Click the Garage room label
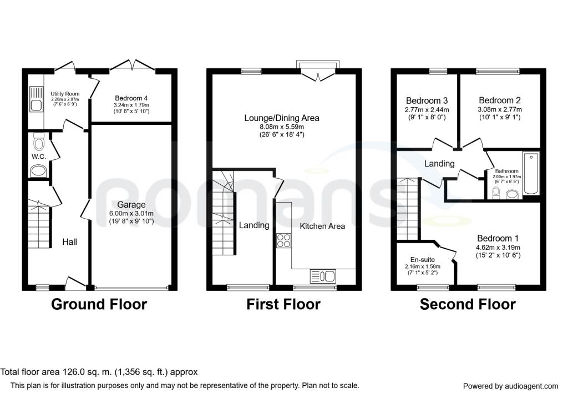(x=131, y=205)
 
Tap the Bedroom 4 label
(x=131, y=98)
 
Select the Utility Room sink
(x=36, y=99)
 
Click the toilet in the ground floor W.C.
(x=39, y=142)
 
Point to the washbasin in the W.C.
(x=38, y=171)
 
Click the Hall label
(x=69, y=242)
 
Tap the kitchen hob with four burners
(x=283, y=241)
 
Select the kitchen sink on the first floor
(x=323, y=276)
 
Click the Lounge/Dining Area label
(x=282, y=118)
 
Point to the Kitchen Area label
(x=322, y=226)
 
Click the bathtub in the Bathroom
(x=531, y=173)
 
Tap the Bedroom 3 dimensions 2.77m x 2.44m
(x=427, y=109)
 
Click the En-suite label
(x=422, y=260)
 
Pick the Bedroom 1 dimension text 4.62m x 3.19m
(x=498, y=248)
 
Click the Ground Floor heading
(x=99, y=305)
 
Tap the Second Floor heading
(x=468, y=305)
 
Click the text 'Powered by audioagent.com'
(x=511, y=386)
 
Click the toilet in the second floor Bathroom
(x=496, y=192)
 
